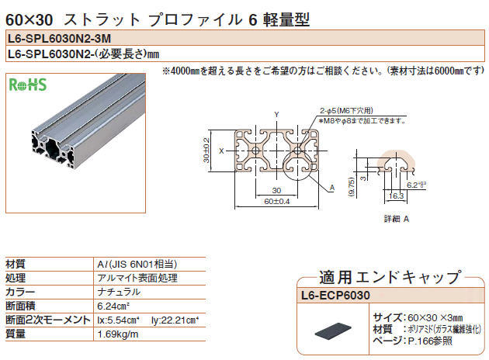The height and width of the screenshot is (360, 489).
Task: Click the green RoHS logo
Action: click(28, 85)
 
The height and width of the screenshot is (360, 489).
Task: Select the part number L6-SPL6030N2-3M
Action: click(59, 38)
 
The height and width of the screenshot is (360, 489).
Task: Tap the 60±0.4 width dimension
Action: click(277, 202)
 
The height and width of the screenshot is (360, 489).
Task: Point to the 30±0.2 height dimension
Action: click(206, 151)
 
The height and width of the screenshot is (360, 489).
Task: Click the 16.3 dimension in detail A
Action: click(396, 196)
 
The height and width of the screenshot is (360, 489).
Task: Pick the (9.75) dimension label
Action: click(351, 187)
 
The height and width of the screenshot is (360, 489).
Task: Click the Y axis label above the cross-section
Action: click(276, 114)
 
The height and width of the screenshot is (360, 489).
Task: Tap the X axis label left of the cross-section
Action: click(221, 151)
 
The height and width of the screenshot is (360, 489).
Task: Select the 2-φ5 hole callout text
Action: click(346, 110)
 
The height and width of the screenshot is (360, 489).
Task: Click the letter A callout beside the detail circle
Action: click(332, 188)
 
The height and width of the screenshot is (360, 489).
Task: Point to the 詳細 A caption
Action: click(397, 219)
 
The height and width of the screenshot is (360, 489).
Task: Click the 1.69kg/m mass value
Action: click(117, 334)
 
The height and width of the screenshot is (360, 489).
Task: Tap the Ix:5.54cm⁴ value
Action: click(118, 320)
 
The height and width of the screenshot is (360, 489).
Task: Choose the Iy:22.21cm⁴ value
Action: click(175, 320)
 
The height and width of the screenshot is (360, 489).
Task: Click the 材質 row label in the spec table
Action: click(16, 264)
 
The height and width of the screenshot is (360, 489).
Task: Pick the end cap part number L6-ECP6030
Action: click(335, 295)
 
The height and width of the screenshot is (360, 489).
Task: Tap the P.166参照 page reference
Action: click(430, 341)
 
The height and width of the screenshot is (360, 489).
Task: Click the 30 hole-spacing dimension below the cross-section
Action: click(276, 190)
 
